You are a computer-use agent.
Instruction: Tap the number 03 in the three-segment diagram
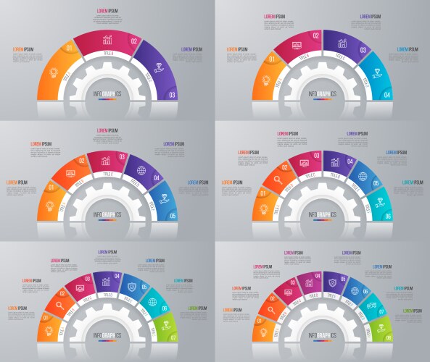(x=172, y=95)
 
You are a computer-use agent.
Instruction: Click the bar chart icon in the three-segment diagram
(x=107, y=41)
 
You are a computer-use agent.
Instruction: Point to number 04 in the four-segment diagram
(x=387, y=95)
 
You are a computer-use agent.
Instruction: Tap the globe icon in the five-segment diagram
(x=141, y=172)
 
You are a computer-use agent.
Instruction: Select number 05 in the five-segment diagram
(x=173, y=216)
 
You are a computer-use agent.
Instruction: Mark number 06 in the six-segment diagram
(x=388, y=216)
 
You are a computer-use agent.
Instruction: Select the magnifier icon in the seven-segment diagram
(x=60, y=305)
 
